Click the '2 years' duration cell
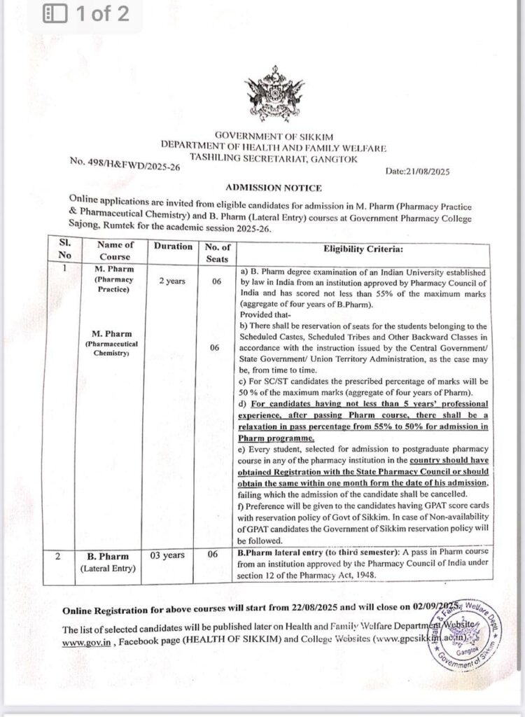click(171, 281)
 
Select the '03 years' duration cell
click(168, 555)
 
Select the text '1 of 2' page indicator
click(104, 13)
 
